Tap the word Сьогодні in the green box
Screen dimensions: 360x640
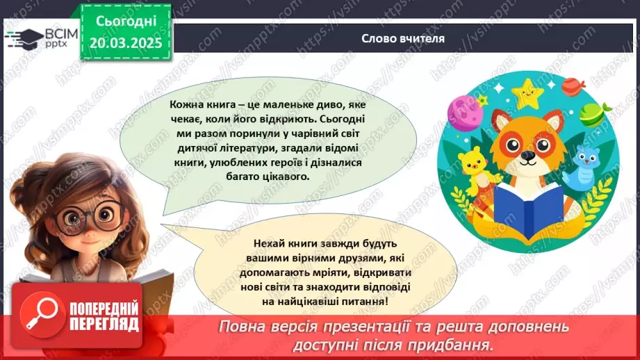click(126, 22)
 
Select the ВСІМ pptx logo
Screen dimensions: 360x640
click(42, 38)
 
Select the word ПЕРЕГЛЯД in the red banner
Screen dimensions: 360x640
click(104, 324)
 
